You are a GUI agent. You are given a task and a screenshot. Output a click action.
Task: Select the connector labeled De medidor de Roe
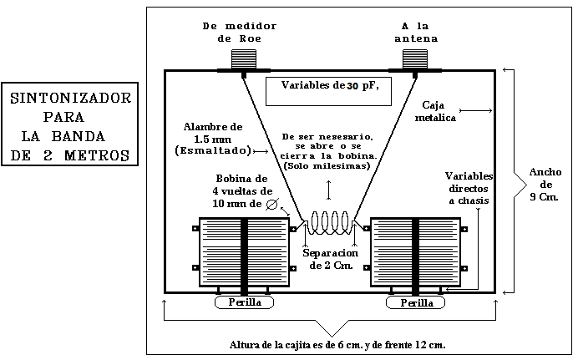pyautogui.click(x=245, y=58)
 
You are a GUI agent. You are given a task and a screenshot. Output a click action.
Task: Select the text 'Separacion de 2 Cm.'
pyautogui.click(x=331, y=259)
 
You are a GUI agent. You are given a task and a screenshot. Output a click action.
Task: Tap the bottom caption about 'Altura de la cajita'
pyautogui.click(x=337, y=344)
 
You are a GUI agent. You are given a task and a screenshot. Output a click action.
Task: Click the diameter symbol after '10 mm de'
pyautogui.click(x=272, y=203)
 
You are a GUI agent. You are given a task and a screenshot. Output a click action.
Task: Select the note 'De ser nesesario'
pyautogui.click(x=327, y=150)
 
